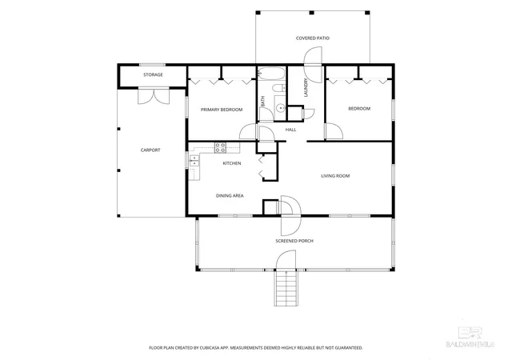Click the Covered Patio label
[x=313, y=38]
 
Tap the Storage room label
[x=153, y=75]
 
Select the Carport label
[x=150, y=150]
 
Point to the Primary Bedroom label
[x=222, y=110]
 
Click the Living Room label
[x=335, y=176]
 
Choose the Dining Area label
[x=230, y=196]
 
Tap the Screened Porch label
[x=294, y=241]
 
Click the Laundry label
[x=306, y=87]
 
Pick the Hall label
[x=290, y=130]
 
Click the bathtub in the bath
[x=271, y=74]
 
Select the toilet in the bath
[x=279, y=88]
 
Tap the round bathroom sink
[x=279, y=107]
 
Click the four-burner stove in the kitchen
[x=220, y=148]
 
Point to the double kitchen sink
[x=194, y=161]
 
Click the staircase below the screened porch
[x=286, y=289]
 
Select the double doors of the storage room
[x=154, y=96]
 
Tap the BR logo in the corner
[x=470, y=334]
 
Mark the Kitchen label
[x=232, y=163]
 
